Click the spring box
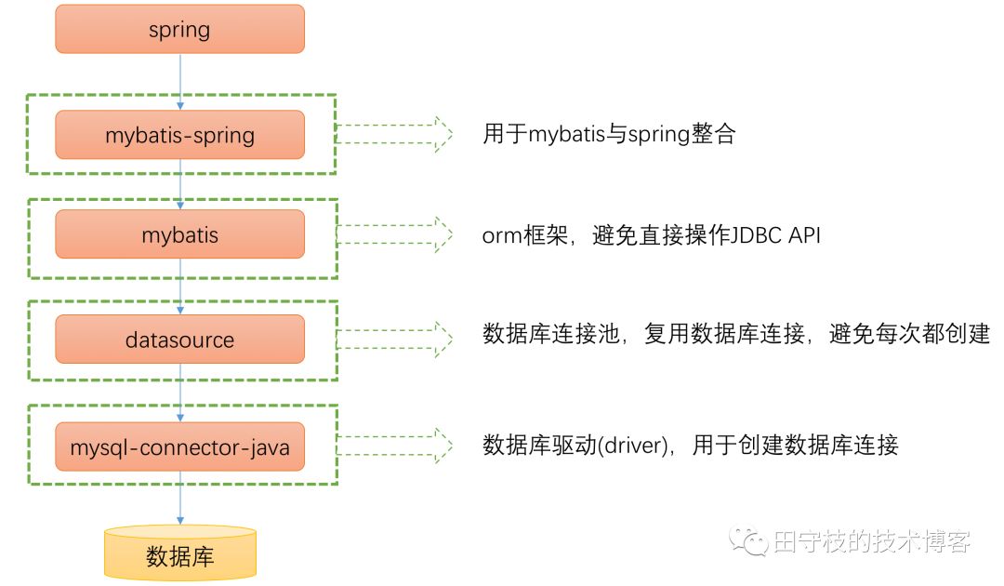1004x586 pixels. click(x=179, y=29)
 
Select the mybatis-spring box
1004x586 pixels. click(x=179, y=135)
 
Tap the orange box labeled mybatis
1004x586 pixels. click(x=179, y=234)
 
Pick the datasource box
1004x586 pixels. click(x=179, y=340)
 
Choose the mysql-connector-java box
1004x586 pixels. click(x=179, y=446)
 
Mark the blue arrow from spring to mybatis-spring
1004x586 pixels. click(x=179, y=81)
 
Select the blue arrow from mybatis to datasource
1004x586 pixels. click(x=179, y=286)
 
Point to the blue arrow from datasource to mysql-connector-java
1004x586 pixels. click(x=179, y=393)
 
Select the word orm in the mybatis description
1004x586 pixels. click(x=502, y=236)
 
